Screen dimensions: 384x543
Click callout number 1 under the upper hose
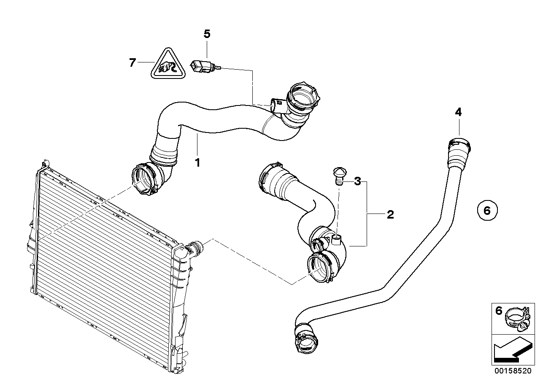(197, 162)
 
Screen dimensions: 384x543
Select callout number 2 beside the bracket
(390, 215)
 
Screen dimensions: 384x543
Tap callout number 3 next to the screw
(357, 181)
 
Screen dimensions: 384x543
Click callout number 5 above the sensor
(207, 34)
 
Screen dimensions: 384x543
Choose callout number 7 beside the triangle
(132, 63)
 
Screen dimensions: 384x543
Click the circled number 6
(487, 210)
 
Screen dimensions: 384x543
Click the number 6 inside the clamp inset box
(498, 311)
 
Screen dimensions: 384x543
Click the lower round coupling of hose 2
(321, 268)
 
